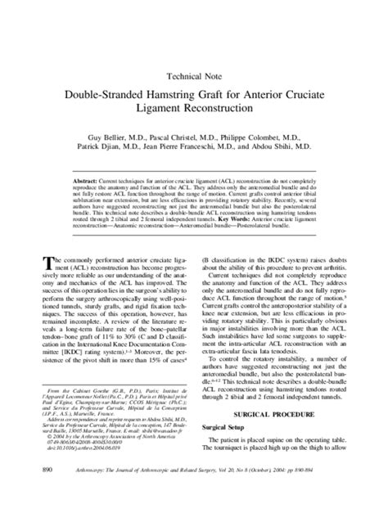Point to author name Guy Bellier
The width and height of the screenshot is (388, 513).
[108, 137]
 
